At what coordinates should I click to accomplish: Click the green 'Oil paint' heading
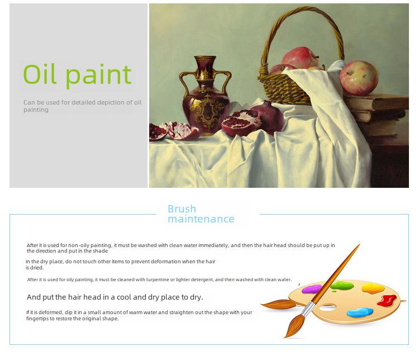77,75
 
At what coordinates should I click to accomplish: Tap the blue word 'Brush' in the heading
182,209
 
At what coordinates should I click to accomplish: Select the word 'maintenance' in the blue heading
201,219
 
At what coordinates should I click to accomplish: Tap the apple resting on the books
359,78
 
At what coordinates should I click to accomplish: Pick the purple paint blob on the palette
312,289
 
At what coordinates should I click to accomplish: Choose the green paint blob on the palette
342,286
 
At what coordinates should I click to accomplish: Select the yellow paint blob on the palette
373,288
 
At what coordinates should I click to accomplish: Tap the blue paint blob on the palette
360,312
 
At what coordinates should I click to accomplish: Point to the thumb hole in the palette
327,307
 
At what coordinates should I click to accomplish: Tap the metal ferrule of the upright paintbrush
308,308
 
